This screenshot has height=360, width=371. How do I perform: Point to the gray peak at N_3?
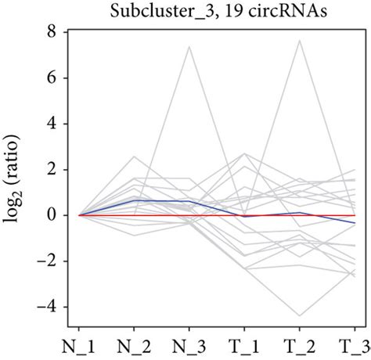pyautogui.click(x=189, y=47)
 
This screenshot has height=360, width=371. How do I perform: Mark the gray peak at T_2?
pyautogui.click(x=300, y=41)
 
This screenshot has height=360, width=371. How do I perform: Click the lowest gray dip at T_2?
pyautogui.click(x=300, y=315)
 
